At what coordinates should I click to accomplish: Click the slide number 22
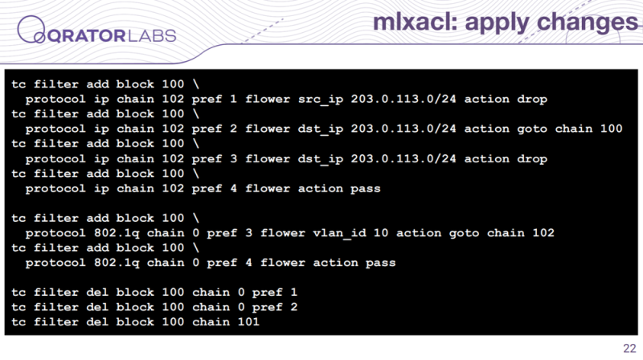629,348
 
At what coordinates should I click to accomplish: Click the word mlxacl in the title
415,22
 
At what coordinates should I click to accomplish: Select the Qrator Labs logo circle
31,29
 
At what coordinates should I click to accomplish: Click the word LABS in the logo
152,35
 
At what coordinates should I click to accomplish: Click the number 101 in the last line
248,321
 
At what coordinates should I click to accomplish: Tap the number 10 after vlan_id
380,233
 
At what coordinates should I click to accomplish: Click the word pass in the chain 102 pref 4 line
366,189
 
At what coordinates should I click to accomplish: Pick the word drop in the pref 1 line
532,99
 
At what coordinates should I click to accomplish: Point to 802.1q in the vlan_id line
117,233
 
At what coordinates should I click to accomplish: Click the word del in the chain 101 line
97,321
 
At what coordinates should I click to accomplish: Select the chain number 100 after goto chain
611,129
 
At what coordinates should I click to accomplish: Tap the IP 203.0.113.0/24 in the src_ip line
403,99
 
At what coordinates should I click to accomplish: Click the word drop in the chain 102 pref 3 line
532,159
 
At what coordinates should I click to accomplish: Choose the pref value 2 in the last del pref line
293,307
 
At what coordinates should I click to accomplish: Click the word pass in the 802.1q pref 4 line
380,263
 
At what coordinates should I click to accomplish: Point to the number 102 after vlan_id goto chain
543,233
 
